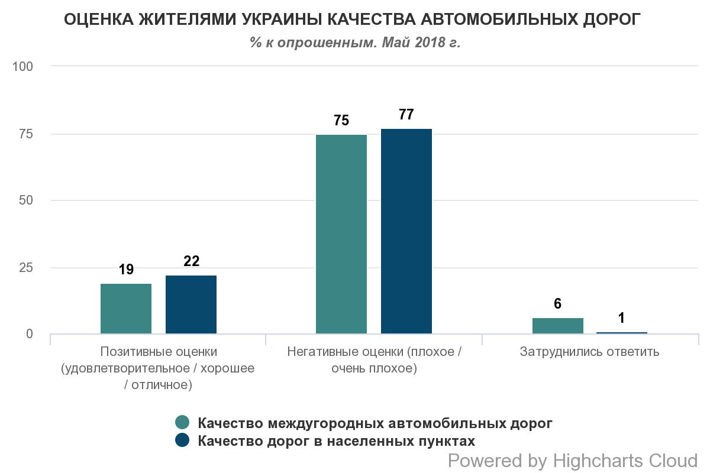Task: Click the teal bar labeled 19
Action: pos(126,309)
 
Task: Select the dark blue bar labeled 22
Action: pos(191,304)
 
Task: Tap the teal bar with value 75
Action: pos(341,234)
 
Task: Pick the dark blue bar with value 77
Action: pos(406,231)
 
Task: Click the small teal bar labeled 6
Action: pos(558,326)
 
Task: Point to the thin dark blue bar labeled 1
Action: pos(622,333)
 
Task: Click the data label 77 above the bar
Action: pos(406,115)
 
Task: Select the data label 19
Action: pos(126,270)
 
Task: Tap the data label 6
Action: pos(558,304)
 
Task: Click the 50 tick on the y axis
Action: pos(27,200)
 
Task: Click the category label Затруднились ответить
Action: pos(589,352)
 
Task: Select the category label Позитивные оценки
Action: pos(159,352)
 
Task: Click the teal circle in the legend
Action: pos(183,423)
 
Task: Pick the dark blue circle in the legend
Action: pos(183,440)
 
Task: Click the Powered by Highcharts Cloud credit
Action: pos(573,460)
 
